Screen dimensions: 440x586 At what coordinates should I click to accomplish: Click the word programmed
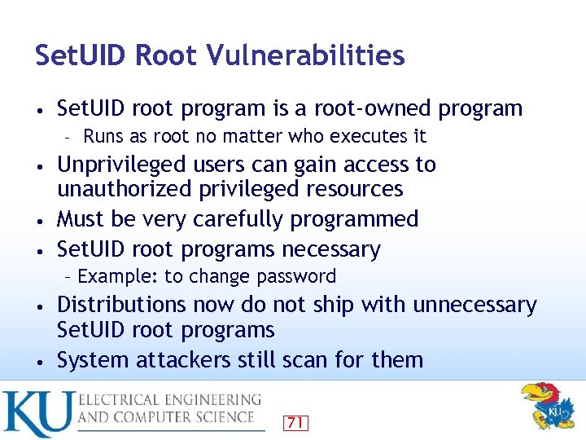coord(363,219)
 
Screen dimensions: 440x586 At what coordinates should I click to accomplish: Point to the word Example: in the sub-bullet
coord(118,276)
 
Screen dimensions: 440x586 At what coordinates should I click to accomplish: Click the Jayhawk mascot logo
coord(546,407)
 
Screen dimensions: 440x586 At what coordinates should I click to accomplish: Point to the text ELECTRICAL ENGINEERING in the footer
coord(169,400)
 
